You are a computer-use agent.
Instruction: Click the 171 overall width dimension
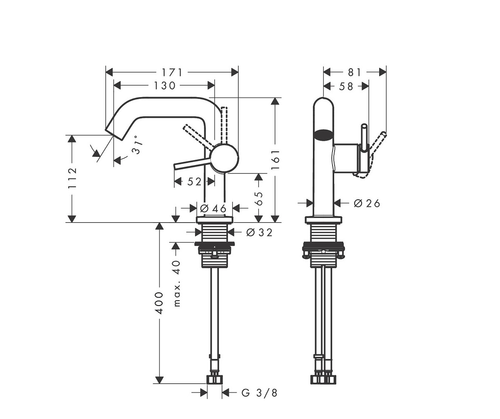coord(172,73)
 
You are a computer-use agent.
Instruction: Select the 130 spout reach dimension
coord(165,85)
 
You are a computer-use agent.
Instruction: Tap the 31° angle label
coord(137,145)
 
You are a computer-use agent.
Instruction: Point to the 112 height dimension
coord(72,178)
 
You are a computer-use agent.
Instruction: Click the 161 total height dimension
coord(275,160)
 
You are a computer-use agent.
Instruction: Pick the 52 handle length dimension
coord(194,182)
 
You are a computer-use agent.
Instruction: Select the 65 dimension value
coord(258,198)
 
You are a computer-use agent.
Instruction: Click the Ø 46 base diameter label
coord(213,208)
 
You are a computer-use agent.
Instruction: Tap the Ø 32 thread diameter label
coord(259,232)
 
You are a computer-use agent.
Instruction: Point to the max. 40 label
coord(176,284)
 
